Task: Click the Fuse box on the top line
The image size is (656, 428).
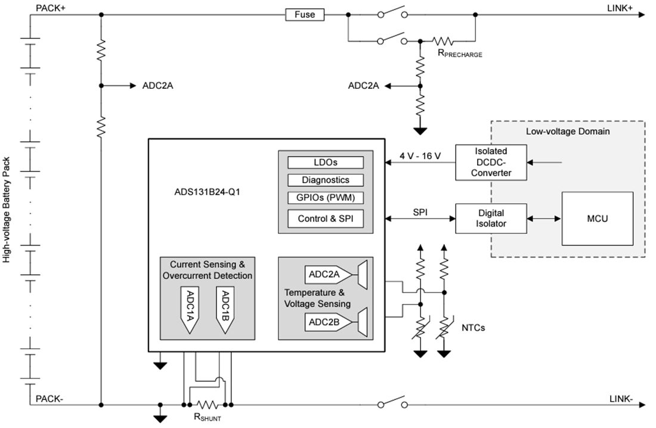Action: point(305,14)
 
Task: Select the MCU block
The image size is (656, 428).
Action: point(597,219)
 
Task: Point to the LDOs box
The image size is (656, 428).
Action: point(326,162)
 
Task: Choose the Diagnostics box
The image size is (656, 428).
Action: point(326,179)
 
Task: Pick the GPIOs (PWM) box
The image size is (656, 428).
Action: point(326,197)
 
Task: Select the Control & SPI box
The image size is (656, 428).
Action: point(326,218)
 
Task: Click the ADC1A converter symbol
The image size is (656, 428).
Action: point(189,309)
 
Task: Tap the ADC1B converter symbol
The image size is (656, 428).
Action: point(224,309)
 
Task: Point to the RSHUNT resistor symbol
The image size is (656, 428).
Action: point(206,404)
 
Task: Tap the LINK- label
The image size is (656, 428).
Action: point(621,399)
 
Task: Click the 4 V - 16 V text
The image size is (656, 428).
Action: point(420,156)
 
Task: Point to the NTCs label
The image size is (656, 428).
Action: point(473,327)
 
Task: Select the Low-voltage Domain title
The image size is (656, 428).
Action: point(567,131)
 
